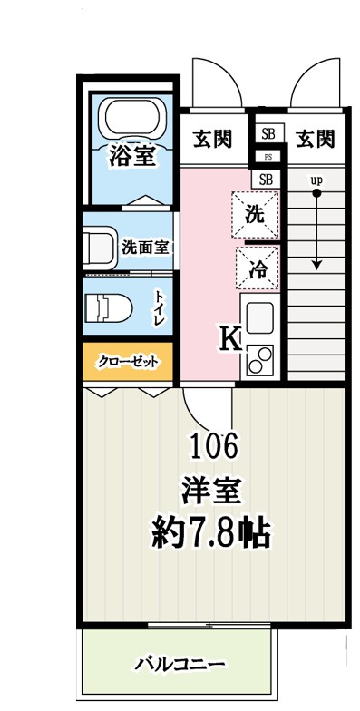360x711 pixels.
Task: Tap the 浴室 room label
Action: click(132, 156)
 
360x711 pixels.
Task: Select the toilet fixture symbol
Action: click(109, 308)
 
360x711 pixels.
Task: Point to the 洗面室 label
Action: click(145, 248)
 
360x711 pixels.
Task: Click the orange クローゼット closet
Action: click(128, 361)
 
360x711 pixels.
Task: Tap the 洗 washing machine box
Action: click(255, 214)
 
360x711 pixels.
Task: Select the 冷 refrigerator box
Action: click(258, 268)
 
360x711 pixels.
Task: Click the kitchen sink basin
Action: click(259, 317)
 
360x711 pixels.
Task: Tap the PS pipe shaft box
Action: click(268, 157)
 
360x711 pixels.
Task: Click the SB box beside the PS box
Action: click(269, 134)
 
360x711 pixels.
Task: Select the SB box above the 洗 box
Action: click(267, 180)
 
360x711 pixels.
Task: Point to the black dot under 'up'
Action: click(316, 194)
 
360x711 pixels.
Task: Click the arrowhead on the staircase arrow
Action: click(316, 265)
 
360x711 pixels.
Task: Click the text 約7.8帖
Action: click(211, 534)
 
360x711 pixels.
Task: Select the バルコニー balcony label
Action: click(181, 665)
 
